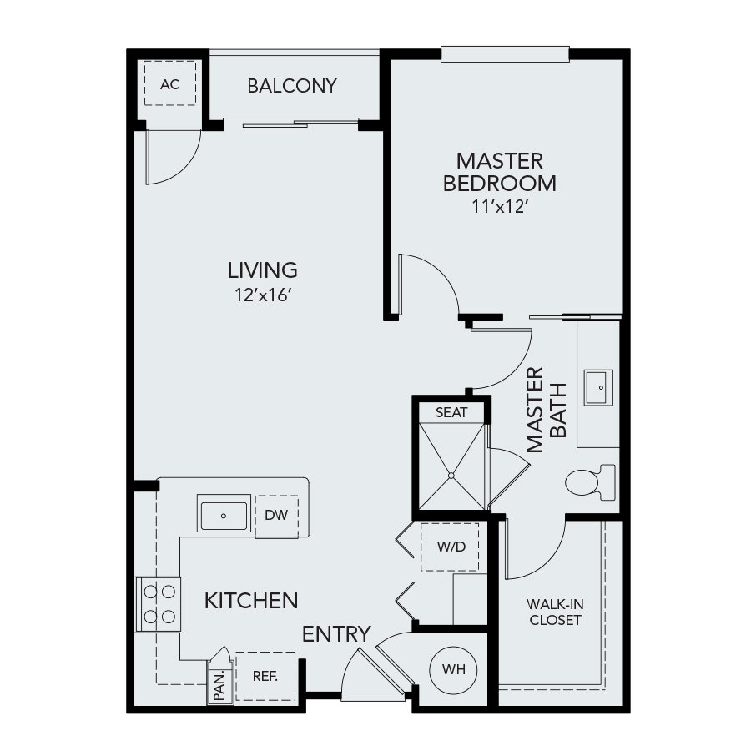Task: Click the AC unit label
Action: (170, 85)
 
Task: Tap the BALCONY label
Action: (292, 86)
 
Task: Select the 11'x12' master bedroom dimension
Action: (500, 207)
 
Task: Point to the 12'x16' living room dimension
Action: (263, 295)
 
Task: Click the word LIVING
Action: (263, 270)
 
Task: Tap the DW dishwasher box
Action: (276, 516)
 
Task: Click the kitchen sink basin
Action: (224, 516)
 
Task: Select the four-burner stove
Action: (159, 604)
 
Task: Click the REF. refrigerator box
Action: (265, 676)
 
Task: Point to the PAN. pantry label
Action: (219, 686)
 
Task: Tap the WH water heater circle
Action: (453, 669)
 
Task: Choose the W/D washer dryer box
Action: (451, 547)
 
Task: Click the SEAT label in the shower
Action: (451, 412)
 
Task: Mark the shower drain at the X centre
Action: (451, 476)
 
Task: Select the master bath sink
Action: (598, 387)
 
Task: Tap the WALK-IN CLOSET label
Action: (555, 612)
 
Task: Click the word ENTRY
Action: (336, 634)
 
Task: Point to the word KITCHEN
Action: (251, 601)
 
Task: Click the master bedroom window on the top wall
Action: (505, 54)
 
